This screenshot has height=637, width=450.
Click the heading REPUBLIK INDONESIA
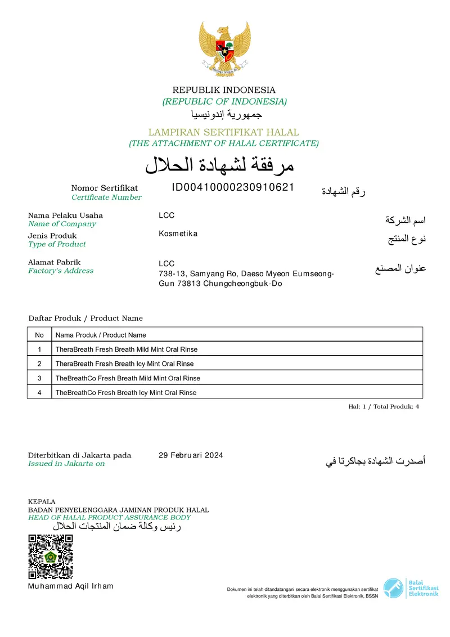coord(224,90)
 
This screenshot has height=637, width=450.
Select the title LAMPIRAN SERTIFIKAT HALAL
coord(224,132)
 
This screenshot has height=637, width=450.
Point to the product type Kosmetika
coord(178,234)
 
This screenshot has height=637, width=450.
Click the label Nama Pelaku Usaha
coord(65,215)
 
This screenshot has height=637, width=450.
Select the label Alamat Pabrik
coord(54,262)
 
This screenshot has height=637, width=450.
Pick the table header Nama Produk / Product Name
coord(101,335)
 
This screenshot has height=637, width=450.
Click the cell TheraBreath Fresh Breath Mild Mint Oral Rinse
coord(127,349)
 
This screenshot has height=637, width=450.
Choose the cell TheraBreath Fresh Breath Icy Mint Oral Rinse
coord(124,364)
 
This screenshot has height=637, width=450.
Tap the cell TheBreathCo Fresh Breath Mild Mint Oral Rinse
coord(128,378)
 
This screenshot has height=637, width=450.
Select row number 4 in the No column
coord(39,392)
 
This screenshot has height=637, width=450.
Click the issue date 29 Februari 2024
coord(191,455)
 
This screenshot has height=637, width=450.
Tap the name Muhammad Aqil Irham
coord(70,586)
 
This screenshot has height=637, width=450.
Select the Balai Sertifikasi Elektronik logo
coord(411,588)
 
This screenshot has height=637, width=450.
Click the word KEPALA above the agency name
coord(42,502)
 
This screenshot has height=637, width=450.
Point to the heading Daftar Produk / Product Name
coord(85,318)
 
